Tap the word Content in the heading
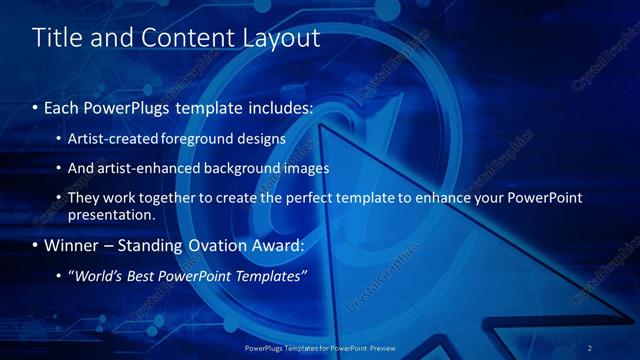pyautogui.click(x=176, y=38)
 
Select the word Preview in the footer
pyautogui.click(x=384, y=349)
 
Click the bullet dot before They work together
pyautogui.click(x=59, y=198)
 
